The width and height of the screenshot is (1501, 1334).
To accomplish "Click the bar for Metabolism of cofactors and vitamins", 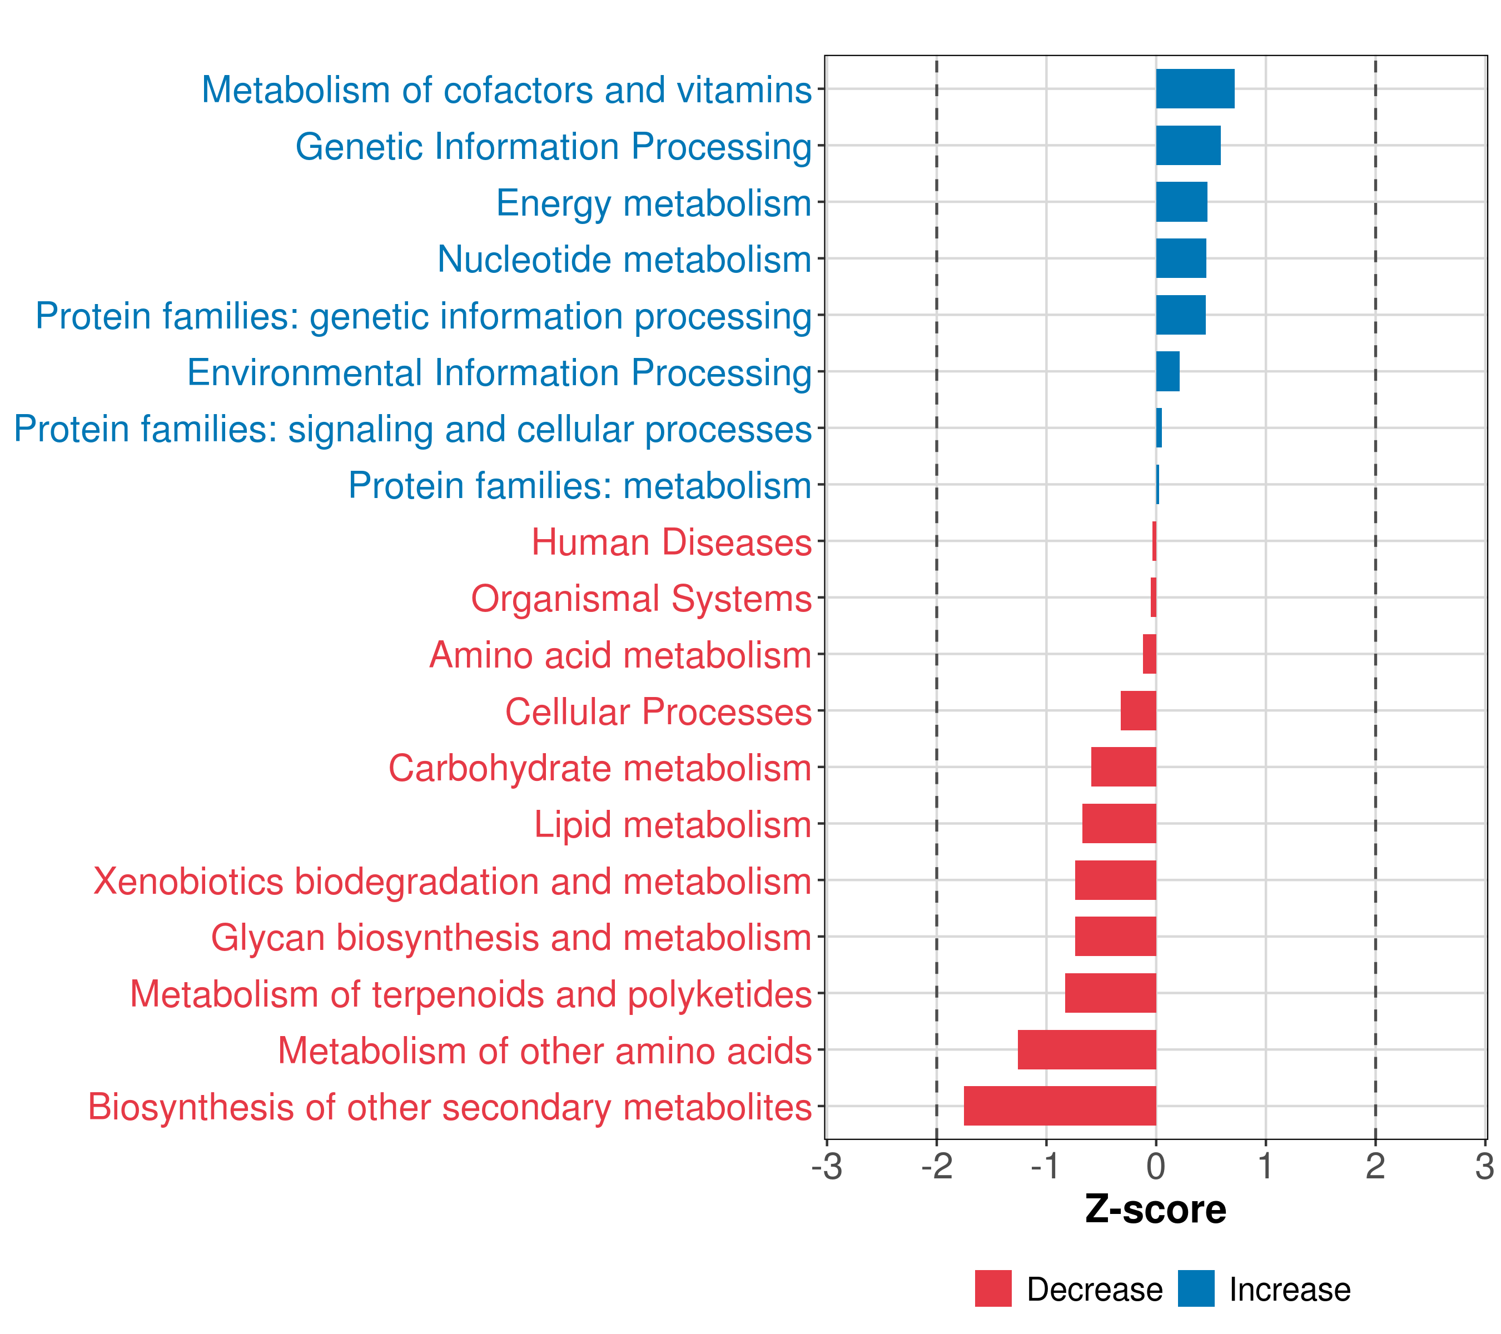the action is tap(1195, 89).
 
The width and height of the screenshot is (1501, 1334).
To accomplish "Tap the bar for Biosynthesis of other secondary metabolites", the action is tap(1060, 1106).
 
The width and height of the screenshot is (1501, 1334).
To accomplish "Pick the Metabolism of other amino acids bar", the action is tap(1087, 1049).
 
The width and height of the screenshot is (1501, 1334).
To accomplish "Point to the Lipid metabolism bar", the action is tap(1119, 823).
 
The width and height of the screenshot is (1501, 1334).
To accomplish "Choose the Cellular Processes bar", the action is tap(1138, 711).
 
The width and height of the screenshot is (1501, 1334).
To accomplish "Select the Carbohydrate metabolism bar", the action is tap(1124, 766).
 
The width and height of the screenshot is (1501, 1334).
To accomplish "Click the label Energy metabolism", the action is tap(654, 203).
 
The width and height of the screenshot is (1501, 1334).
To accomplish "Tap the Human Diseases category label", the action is tap(671, 542).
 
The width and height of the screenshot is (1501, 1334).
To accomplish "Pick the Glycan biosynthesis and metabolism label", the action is tap(511, 938).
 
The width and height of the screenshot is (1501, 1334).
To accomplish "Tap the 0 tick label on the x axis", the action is tap(1156, 1167).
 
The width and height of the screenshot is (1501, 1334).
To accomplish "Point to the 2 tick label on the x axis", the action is tap(1375, 1167).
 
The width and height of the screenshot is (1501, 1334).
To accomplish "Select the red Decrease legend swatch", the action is tap(993, 1288).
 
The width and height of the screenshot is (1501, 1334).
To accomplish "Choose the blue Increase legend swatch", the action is tap(1196, 1288).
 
